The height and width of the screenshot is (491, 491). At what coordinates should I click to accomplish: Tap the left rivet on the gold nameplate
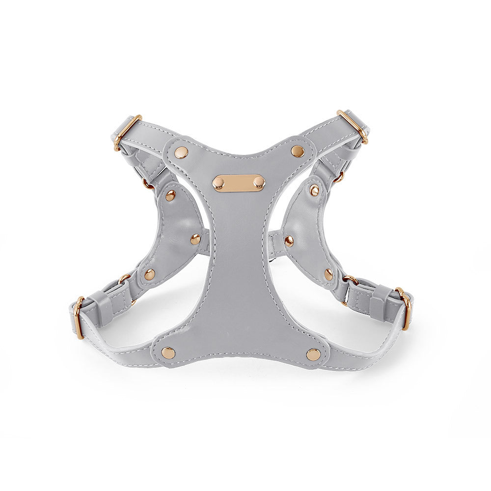click(x=218, y=183)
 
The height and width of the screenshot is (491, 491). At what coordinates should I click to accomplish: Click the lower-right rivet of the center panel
click(x=313, y=354)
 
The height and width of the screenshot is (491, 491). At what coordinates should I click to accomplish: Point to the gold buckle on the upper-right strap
click(x=353, y=126)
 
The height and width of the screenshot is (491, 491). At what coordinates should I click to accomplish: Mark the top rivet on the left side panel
click(x=170, y=195)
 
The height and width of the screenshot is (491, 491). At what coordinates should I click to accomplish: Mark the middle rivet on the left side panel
click(x=195, y=239)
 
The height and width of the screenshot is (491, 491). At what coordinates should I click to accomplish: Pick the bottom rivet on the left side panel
click(x=150, y=274)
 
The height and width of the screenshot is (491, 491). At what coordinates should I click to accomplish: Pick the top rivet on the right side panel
click(x=314, y=190)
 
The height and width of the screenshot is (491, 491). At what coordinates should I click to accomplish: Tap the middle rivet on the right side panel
click(x=289, y=241)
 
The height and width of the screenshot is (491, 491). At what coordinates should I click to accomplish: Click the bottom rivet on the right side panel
click(x=328, y=274)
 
